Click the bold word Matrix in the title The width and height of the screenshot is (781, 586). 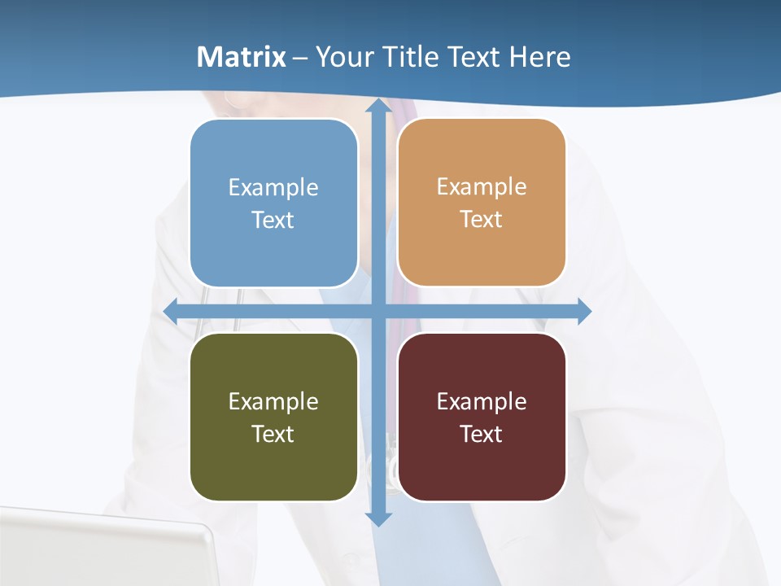click(x=241, y=57)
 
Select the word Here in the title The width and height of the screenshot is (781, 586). click(x=539, y=57)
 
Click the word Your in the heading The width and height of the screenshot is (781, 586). click(x=345, y=57)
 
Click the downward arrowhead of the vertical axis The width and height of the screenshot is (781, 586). click(x=378, y=518)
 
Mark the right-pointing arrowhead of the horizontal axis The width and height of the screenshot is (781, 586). click(x=583, y=311)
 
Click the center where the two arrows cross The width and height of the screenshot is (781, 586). click(x=378, y=311)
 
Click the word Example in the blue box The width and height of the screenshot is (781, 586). click(x=273, y=187)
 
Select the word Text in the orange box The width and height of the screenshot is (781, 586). click(x=482, y=220)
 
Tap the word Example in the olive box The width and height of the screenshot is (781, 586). click(x=273, y=401)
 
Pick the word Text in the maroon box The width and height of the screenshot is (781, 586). click(x=482, y=434)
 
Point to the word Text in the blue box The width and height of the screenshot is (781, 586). click(x=273, y=220)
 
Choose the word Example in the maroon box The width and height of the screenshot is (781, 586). click(x=482, y=401)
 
